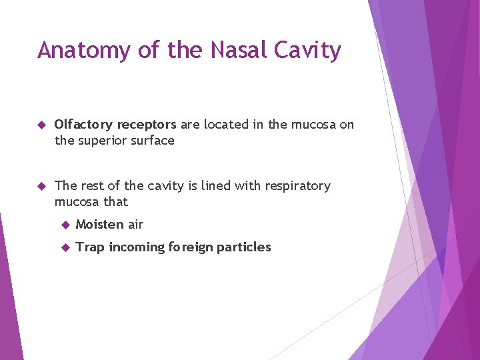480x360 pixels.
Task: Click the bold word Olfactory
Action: click(x=83, y=125)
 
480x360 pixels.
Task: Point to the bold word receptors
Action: click(x=147, y=125)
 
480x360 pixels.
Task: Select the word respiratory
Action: click(x=295, y=186)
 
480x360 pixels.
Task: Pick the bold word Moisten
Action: click(x=99, y=225)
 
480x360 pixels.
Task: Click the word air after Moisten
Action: click(x=135, y=225)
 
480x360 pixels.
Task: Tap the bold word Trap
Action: click(x=90, y=247)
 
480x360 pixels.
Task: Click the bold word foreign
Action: click(x=191, y=247)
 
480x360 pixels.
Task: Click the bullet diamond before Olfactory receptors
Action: click(x=41, y=125)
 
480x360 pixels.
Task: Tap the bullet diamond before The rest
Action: click(x=41, y=186)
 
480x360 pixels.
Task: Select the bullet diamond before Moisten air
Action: click(x=65, y=225)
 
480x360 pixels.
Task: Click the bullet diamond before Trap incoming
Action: click(x=65, y=247)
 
